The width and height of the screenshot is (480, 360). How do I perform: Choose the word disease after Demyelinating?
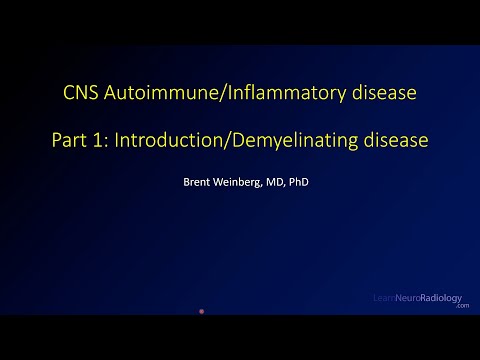(394, 141)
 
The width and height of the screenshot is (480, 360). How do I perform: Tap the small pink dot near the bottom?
(202, 312)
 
